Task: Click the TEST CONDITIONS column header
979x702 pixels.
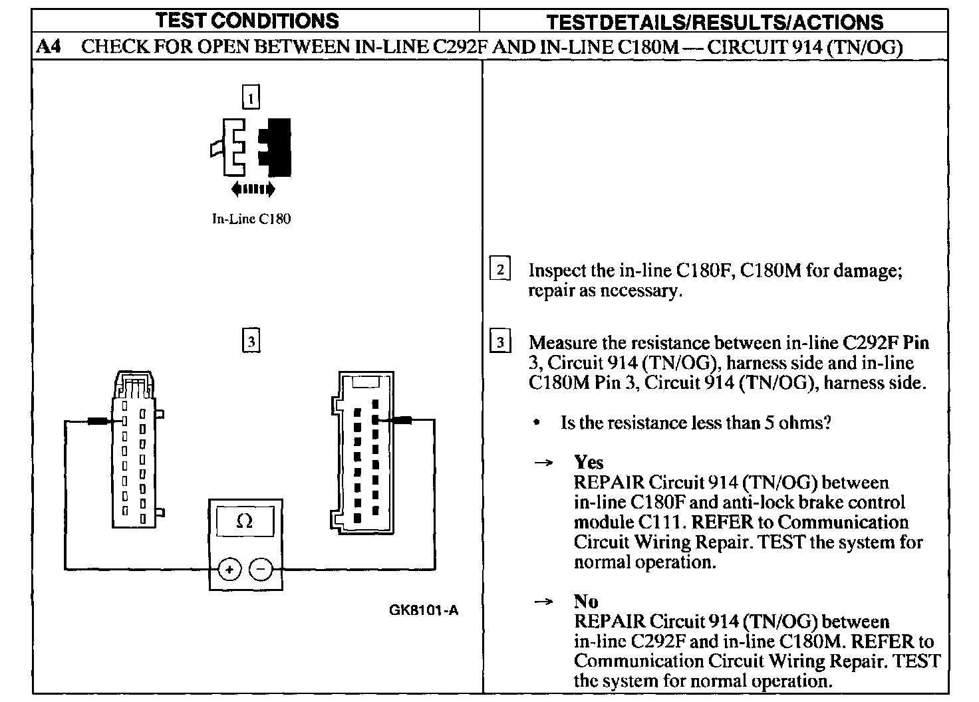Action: pos(247,21)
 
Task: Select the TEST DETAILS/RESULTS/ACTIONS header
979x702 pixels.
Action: pos(714,22)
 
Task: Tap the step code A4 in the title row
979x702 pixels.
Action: pos(49,47)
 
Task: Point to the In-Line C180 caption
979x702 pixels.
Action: pos(251,219)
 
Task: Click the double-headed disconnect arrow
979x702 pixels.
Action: pos(253,190)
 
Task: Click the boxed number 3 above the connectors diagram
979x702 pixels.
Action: pos(251,342)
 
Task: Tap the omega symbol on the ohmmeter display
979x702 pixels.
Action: pos(244,522)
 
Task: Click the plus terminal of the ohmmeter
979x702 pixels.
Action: pos(229,569)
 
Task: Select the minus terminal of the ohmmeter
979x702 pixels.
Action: pos(260,569)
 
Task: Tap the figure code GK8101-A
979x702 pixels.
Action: pos(424,610)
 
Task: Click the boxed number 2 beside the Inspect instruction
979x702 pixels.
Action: pos(500,269)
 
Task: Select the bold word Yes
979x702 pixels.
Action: pos(589,462)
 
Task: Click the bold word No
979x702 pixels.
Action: pos(586,602)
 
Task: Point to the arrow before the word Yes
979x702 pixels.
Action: pos(544,463)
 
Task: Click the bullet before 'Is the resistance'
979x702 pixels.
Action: pos(537,423)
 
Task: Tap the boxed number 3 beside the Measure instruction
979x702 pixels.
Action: pos(500,342)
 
